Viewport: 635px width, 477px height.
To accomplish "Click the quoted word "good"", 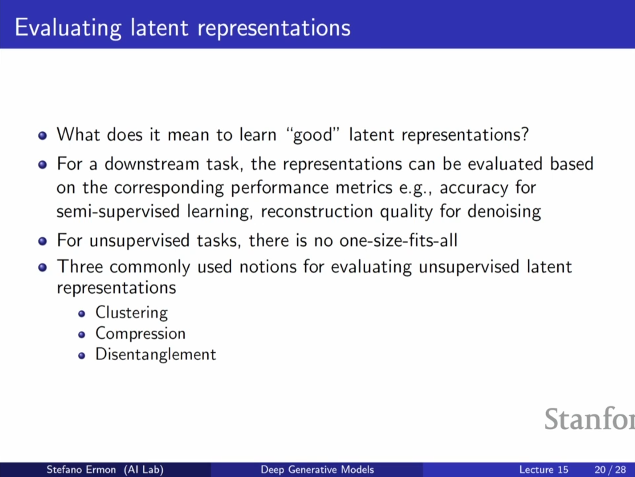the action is coord(312,135).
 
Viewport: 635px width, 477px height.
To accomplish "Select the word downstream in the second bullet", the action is coord(152,164).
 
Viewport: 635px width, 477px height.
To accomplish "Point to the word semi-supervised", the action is coord(118,212).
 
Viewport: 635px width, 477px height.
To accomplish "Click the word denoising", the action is coord(504,212).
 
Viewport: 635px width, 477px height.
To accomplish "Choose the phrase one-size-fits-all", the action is coord(398,240).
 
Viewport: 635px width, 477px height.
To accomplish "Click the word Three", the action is coord(80,266).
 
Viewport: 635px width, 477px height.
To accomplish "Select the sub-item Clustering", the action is coord(132,313).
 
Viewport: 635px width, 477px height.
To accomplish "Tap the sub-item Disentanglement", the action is coord(156,355).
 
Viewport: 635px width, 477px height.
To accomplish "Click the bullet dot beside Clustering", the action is coord(82,314).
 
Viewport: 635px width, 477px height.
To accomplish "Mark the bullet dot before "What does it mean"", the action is coord(42,135).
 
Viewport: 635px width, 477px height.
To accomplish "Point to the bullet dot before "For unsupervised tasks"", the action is coord(42,241).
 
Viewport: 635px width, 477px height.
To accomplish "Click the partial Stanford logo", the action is coord(589,419).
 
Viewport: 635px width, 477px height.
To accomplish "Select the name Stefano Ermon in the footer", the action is coord(81,469).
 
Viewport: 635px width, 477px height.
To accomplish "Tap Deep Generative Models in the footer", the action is coord(317,469).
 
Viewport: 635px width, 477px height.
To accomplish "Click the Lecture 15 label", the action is coord(544,469).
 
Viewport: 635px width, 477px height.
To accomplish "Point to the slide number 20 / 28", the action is coord(610,469).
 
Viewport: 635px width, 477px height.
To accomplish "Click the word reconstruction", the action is coord(317,211).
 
